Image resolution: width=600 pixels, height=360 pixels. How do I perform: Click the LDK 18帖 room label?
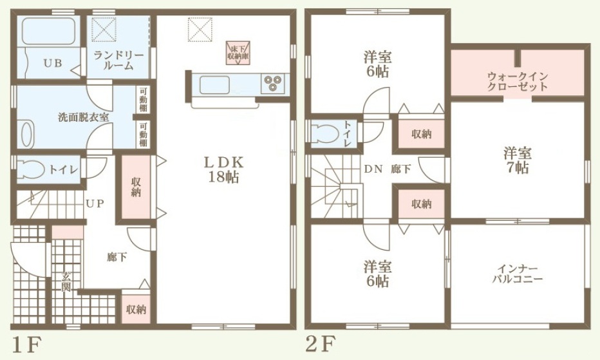pyautogui.click(x=224, y=169)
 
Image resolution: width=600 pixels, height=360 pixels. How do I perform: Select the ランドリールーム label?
pyautogui.click(x=118, y=60)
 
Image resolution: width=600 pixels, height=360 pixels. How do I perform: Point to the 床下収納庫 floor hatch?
pyautogui.click(x=238, y=52)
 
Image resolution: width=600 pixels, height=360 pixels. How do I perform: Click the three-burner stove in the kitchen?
pyautogui.click(x=273, y=83)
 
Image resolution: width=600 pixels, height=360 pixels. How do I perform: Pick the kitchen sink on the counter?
pyautogui.click(x=214, y=84)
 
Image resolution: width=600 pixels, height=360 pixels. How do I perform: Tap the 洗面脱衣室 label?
pyautogui.click(x=84, y=117)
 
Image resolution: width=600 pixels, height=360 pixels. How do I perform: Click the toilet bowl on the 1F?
pyautogui.click(x=32, y=169)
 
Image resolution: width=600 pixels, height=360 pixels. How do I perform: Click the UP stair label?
pyautogui.click(x=95, y=204)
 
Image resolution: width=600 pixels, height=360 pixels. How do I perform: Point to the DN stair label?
pyautogui.click(x=373, y=169)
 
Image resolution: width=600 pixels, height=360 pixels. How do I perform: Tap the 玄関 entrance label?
pyautogui.click(x=66, y=281)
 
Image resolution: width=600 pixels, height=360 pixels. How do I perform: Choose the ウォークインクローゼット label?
pyautogui.click(x=518, y=81)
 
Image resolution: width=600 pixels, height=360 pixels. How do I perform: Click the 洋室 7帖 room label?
pyautogui.click(x=518, y=160)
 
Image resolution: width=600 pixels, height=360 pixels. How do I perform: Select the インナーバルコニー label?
pyautogui.click(x=518, y=274)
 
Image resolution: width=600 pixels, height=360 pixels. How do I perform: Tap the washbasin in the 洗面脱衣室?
pyautogui.click(x=26, y=134)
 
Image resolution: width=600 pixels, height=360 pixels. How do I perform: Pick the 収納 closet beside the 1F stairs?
pyautogui.click(x=135, y=187)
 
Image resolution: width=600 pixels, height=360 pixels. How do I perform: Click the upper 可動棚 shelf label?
pyautogui.click(x=143, y=99)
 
